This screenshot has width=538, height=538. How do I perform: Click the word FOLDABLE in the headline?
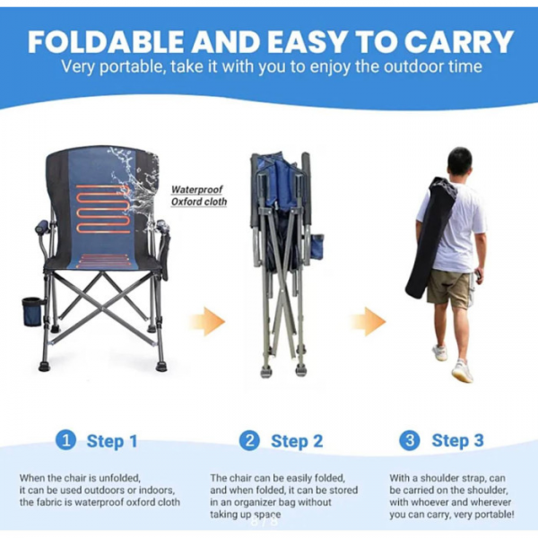pyautogui.click(x=107, y=42)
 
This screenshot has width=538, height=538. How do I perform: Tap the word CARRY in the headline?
pyautogui.click(x=459, y=42)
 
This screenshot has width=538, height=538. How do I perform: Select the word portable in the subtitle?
pyautogui.click(x=132, y=66)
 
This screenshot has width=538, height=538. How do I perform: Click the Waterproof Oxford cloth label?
pyautogui.click(x=199, y=195)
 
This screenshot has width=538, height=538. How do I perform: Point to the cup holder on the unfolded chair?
pyautogui.click(x=32, y=311)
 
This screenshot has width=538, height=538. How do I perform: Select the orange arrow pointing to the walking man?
pyautogui.click(x=369, y=322)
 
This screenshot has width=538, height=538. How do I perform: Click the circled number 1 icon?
pyautogui.click(x=65, y=440)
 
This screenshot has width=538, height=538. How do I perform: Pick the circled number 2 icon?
pyautogui.click(x=249, y=440)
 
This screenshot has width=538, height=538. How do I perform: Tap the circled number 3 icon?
pyautogui.click(x=410, y=440)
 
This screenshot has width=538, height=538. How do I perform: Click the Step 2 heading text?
pyautogui.click(x=297, y=441)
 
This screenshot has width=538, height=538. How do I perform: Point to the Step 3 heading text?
pyautogui.click(x=457, y=440)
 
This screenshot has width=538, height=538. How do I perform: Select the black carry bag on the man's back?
pyautogui.click(x=432, y=237)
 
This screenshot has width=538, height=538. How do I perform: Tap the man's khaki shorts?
pyautogui.click(x=449, y=288)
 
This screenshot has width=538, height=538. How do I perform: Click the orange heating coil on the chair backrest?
pyautogui.click(x=104, y=209)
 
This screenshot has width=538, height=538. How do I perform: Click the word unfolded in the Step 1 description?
pyautogui.click(x=119, y=478)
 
